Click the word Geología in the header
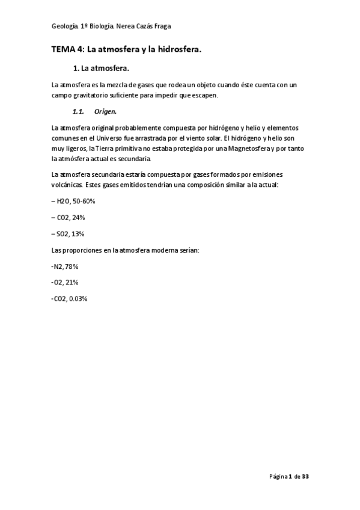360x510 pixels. (x=65, y=27)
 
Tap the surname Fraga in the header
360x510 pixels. (x=165, y=27)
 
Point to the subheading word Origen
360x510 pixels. (x=105, y=112)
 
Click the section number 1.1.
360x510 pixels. (x=78, y=112)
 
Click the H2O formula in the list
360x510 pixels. (x=63, y=201)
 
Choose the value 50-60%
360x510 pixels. (x=84, y=201)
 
